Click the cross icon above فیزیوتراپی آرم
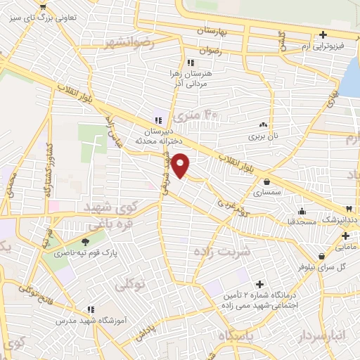(x=323, y=34)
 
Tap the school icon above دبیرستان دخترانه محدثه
(x=158, y=119)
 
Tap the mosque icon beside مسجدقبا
(x=302, y=210)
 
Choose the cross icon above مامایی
(x=345, y=236)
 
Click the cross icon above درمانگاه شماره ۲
(x=259, y=284)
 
